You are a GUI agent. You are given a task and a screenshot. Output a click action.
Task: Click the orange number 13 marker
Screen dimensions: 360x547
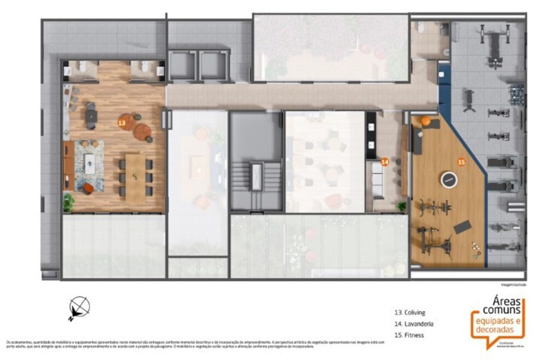click(x=121, y=124)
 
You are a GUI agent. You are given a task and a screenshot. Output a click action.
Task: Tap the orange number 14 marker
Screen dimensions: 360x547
click(x=385, y=162)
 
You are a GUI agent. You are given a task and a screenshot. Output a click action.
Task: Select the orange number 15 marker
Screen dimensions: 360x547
click(x=461, y=162)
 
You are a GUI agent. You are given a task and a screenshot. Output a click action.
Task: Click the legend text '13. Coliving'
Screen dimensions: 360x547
click(x=410, y=313)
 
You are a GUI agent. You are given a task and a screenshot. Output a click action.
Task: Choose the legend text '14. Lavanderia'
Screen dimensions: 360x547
click(x=414, y=324)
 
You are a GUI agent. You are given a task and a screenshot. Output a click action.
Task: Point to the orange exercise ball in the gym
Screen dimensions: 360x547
click(x=425, y=120)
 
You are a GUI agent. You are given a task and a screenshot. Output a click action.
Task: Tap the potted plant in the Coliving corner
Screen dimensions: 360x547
click(x=68, y=202)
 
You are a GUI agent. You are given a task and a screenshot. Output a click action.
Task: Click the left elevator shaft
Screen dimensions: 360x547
click(x=182, y=66)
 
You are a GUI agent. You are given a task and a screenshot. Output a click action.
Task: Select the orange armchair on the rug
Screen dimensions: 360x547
click(x=88, y=188)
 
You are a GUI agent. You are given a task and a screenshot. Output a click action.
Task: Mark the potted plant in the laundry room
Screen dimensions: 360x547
click(x=402, y=206)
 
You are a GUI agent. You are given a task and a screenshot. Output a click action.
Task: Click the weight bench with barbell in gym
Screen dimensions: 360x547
click(x=495, y=49)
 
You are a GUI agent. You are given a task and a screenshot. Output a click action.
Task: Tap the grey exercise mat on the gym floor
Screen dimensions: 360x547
click(x=462, y=226)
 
